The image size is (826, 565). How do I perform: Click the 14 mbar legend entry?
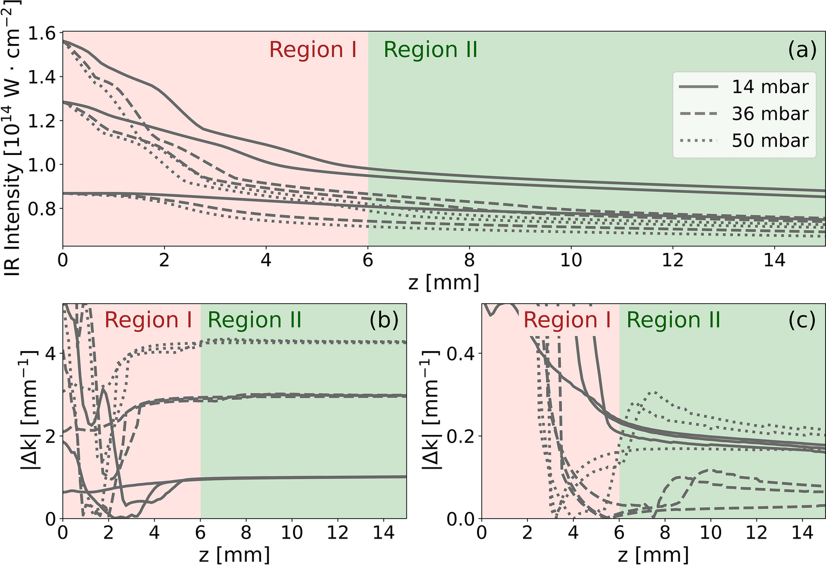click(x=770, y=87)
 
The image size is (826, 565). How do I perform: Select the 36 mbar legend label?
click(x=770, y=114)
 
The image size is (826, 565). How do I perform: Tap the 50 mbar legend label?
click(x=770, y=141)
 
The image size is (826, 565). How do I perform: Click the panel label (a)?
click(x=801, y=50)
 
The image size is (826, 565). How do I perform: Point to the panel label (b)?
click(x=384, y=320)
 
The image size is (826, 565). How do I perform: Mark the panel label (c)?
click(x=802, y=320)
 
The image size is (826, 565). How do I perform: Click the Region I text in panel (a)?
click(x=312, y=50)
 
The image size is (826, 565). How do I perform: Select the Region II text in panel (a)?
click(x=430, y=50)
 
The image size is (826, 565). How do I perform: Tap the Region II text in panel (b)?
click(x=255, y=320)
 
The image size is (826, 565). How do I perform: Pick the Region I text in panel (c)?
click(x=567, y=320)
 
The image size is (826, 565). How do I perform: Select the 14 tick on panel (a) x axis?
click(x=774, y=260)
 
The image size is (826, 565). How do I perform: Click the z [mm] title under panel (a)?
click(x=444, y=282)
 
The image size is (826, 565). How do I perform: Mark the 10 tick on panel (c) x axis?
click(x=710, y=532)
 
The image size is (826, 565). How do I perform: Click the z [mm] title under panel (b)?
click(x=234, y=554)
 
